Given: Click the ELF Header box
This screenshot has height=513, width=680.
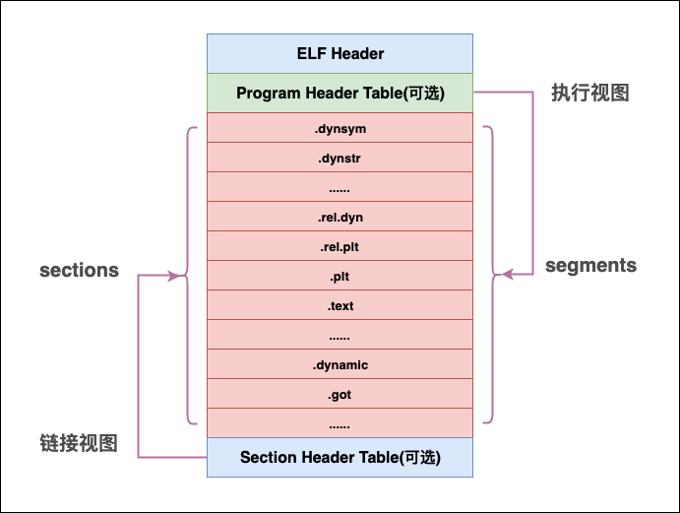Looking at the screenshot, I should (340, 53).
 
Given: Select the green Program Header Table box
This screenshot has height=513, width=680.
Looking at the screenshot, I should (340, 94).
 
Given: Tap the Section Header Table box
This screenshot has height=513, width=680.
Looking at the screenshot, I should (340, 458).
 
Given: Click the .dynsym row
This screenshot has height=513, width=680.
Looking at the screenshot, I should (340, 128).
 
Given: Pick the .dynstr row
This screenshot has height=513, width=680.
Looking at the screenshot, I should (340, 158).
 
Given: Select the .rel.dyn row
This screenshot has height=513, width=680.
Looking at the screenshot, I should (340, 217).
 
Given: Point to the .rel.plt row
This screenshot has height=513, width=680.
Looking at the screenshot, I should (340, 246).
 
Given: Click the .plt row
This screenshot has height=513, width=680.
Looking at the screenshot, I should (340, 276).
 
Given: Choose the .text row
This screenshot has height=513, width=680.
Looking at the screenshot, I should (340, 305).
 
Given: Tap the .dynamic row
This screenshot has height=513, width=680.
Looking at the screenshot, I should (340, 364).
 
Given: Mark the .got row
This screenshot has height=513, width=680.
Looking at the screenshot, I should (340, 394).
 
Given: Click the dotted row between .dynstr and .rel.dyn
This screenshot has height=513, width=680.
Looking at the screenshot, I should (340, 187).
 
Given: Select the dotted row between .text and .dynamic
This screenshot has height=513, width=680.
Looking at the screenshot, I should (340, 335).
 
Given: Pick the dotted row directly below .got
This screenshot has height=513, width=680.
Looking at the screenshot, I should (340, 423).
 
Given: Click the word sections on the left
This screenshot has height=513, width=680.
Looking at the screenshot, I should (79, 270).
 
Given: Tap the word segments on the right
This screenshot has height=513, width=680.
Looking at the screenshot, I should (590, 266).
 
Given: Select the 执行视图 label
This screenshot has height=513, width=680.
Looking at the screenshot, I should (589, 94).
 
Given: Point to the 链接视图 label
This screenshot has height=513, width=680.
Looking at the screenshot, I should (79, 444).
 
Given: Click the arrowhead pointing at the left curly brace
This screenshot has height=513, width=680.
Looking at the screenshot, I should (179, 276).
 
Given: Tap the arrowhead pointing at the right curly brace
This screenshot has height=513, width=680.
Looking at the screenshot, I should (508, 275).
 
